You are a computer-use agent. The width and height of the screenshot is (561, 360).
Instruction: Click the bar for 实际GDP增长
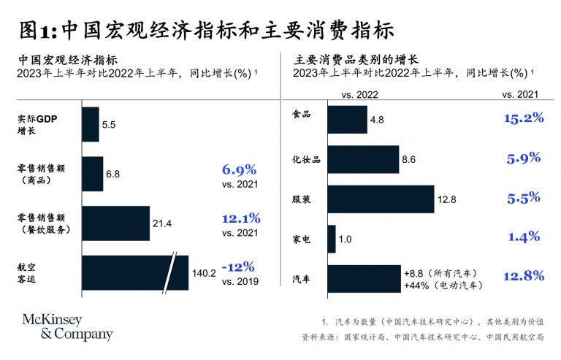(90, 125)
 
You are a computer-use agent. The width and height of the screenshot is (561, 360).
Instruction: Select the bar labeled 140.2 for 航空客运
(135, 272)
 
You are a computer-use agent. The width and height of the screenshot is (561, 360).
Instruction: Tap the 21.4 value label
(162, 223)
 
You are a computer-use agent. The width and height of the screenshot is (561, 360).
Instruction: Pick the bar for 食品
(347, 119)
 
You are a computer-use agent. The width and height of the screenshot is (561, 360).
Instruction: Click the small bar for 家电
(332, 238)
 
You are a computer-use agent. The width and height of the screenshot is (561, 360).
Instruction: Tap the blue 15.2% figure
(524, 118)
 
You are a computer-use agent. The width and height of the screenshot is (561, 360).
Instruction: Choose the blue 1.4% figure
(524, 236)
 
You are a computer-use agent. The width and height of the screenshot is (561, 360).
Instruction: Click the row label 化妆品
(306, 158)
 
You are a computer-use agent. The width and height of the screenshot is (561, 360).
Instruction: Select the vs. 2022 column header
(359, 95)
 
